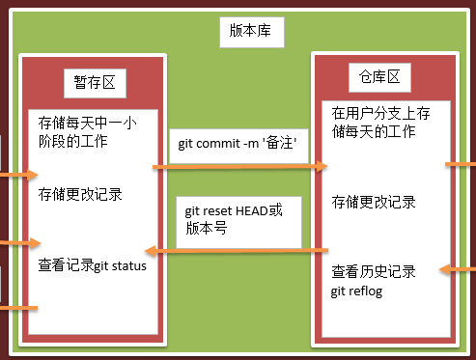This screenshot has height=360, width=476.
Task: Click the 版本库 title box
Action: coord(256,31)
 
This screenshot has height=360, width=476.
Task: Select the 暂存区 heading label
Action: coord(95,82)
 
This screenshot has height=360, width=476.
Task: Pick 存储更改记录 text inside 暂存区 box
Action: coord(79,195)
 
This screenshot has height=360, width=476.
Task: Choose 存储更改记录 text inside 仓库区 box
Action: coord(373,202)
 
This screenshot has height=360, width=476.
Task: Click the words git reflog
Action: coord(356,291)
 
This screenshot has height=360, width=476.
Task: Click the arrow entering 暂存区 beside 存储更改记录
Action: coord(16,177)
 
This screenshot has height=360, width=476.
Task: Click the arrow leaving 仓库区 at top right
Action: coord(459,164)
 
